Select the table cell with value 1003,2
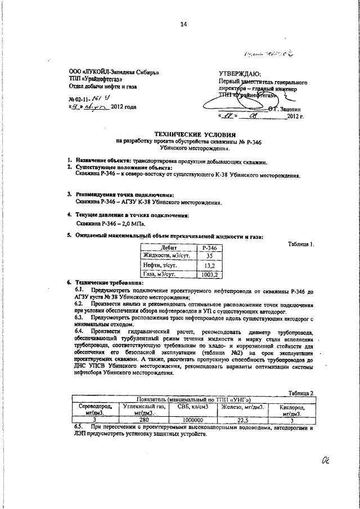(212, 274)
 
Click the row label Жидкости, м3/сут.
(167, 256)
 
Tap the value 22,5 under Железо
(243, 419)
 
